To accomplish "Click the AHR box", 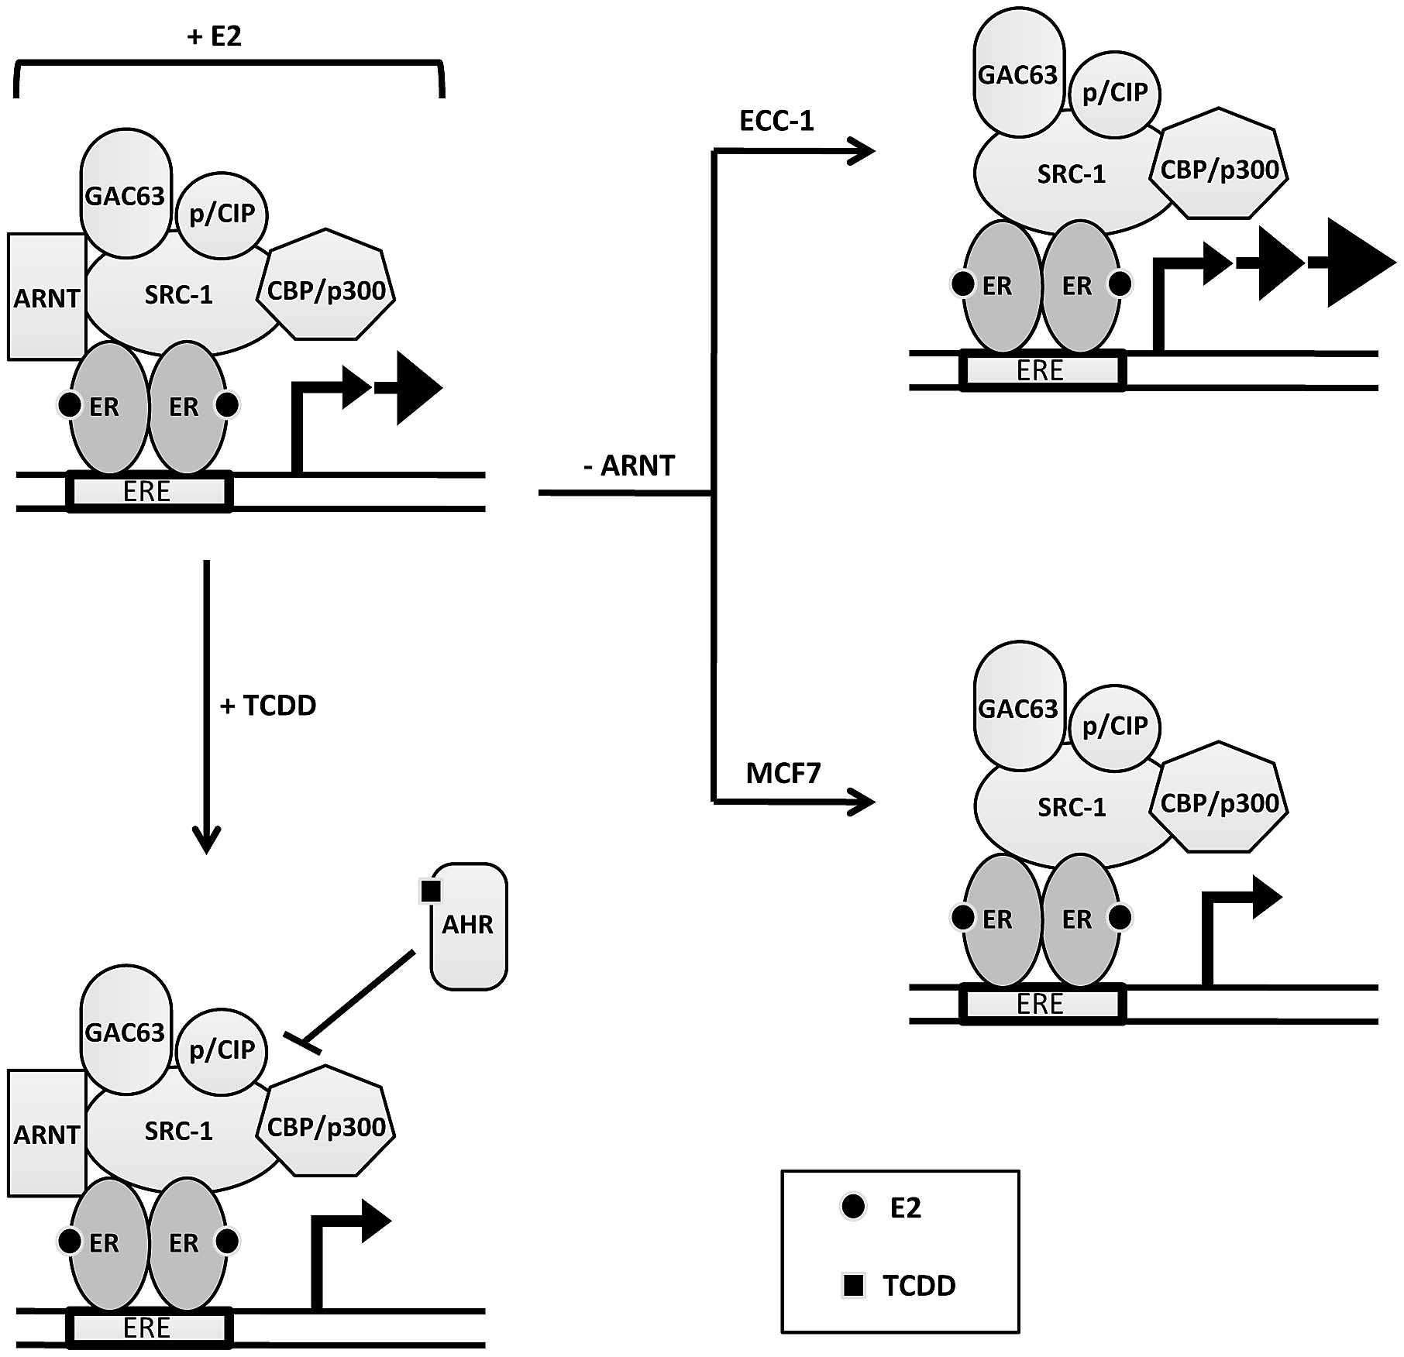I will pyautogui.click(x=469, y=926).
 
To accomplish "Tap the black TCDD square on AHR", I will pyautogui.click(x=430, y=891).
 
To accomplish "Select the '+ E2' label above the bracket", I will pyautogui.click(x=215, y=36).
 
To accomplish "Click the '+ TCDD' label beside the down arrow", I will pyautogui.click(x=269, y=706).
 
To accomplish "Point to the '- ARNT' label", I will pyautogui.click(x=629, y=466).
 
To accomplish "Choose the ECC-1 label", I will pyautogui.click(x=777, y=122).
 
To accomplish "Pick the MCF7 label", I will pyautogui.click(x=783, y=773).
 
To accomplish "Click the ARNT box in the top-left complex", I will pyautogui.click(x=46, y=297).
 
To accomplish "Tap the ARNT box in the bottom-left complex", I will pyautogui.click(x=46, y=1134).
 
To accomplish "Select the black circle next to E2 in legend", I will pyautogui.click(x=853, y=1207).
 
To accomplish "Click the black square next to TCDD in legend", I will pyautogui.click(x=853, y=1286).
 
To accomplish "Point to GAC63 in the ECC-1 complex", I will pyautogui.click(x=1017, y=75).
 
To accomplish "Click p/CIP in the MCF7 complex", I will pyautogui.click(x=1114, y=726).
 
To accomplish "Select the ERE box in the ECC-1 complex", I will pyautogui.click(x=1040, y=371).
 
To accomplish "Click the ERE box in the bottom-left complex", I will pyautogui.click(x=147, y=1328).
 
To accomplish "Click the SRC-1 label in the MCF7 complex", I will pyautogui.click(x=1072, y=808).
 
